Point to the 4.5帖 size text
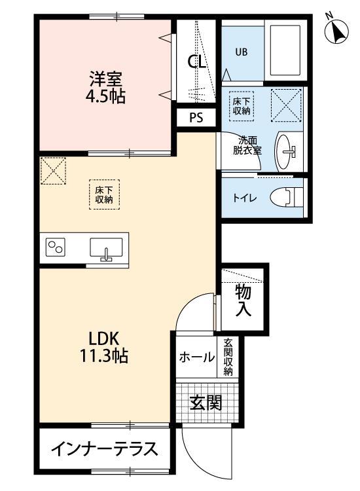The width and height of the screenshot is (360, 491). [106, 97]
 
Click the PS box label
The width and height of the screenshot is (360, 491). [196, 118]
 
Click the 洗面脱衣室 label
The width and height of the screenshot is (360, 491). [249, 144]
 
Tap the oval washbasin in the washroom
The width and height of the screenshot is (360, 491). [286, 151]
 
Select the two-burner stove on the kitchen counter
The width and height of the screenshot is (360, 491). [55, 248]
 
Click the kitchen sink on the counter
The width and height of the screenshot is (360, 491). [105, 249]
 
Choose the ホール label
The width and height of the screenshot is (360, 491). [197, 357]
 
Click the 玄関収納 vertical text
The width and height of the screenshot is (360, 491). [228, 357]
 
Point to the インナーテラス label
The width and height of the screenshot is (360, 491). [104, 450]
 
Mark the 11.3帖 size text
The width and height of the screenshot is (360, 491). [104, 357]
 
